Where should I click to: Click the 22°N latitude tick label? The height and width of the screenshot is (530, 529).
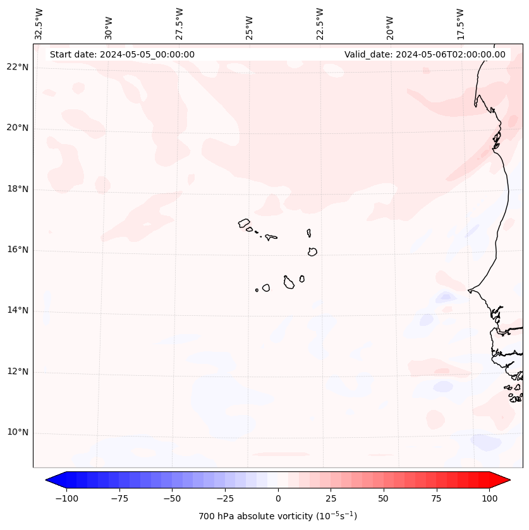coord(18,68)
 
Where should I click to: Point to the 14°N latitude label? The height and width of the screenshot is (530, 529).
coord(18,311)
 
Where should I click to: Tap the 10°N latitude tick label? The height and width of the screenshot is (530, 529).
coord(18,433)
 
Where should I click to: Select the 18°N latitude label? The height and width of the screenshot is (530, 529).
coord(18,190)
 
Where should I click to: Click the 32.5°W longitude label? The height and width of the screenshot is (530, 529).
coord(39,23)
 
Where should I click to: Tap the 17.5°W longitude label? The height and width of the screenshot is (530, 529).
coord(460,23)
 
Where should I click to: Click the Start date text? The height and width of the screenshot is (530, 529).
coord(122,54)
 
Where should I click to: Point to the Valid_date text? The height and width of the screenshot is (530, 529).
coord(425,54)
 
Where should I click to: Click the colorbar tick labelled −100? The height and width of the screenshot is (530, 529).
coord(66,498)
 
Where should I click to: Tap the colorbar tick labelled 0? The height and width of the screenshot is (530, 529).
coord(278,498)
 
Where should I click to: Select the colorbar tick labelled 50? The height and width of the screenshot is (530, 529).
coord(383,498)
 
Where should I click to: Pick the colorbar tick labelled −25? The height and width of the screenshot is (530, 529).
coord(224,498)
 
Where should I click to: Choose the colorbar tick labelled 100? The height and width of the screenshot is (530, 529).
coord(489,498)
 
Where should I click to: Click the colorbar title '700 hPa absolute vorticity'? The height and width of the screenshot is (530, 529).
coord(278,516)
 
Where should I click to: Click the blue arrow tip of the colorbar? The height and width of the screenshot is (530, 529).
coord(49,480)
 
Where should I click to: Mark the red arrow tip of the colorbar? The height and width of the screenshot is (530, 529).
coord(508,480)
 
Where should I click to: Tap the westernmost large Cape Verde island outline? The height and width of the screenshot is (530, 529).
coord(244,223)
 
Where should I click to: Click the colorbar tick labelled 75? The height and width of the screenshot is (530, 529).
coord(436,498)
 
